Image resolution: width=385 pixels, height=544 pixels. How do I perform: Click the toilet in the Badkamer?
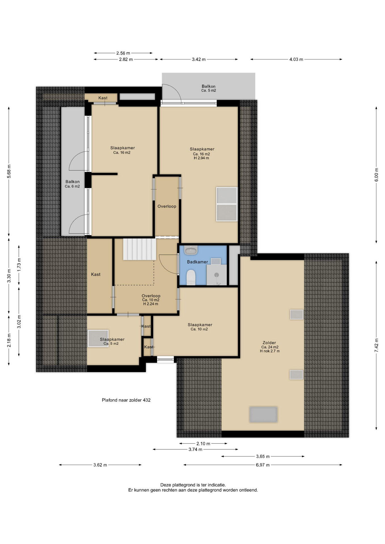click(x=191, y=277)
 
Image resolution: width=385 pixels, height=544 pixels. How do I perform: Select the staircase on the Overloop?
click(x=140, y=249)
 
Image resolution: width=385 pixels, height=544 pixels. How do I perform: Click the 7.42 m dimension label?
click(x=376, y=345)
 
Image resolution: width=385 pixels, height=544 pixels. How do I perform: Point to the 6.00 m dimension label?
click(x=376, y=175)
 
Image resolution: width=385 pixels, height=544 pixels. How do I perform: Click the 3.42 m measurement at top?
click(x=199, y=59)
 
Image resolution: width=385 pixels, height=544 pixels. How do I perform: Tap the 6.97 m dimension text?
click(x=263, y=465)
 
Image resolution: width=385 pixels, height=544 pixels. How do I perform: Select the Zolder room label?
click(x=269, y=343)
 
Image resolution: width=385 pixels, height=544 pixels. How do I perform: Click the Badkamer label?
click(x=197, y=262)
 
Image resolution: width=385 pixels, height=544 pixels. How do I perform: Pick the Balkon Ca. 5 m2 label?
click(x=208, y=88)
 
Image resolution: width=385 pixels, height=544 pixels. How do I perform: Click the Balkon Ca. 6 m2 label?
click(x=72, y=184)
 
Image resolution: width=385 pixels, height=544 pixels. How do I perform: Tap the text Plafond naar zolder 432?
click(x=126, y=400)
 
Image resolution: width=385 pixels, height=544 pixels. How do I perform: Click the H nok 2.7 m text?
click(x=270, y=351)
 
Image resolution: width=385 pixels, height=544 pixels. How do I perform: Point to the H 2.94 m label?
click(x=201, y=158)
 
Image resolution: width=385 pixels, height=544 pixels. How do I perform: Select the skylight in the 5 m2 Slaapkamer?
click(x=98, y=338)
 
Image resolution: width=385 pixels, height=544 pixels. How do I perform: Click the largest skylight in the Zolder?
click(x=263, y=415)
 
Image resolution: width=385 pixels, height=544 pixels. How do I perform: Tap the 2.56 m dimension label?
click(x=123, y=53)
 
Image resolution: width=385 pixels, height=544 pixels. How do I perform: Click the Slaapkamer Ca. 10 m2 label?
click(x=200, y=327)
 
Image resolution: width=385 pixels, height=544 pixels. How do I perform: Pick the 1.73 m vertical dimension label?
click(x=19, y=265)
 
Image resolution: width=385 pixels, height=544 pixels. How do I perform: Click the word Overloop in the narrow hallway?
click(x=167, y=206)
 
